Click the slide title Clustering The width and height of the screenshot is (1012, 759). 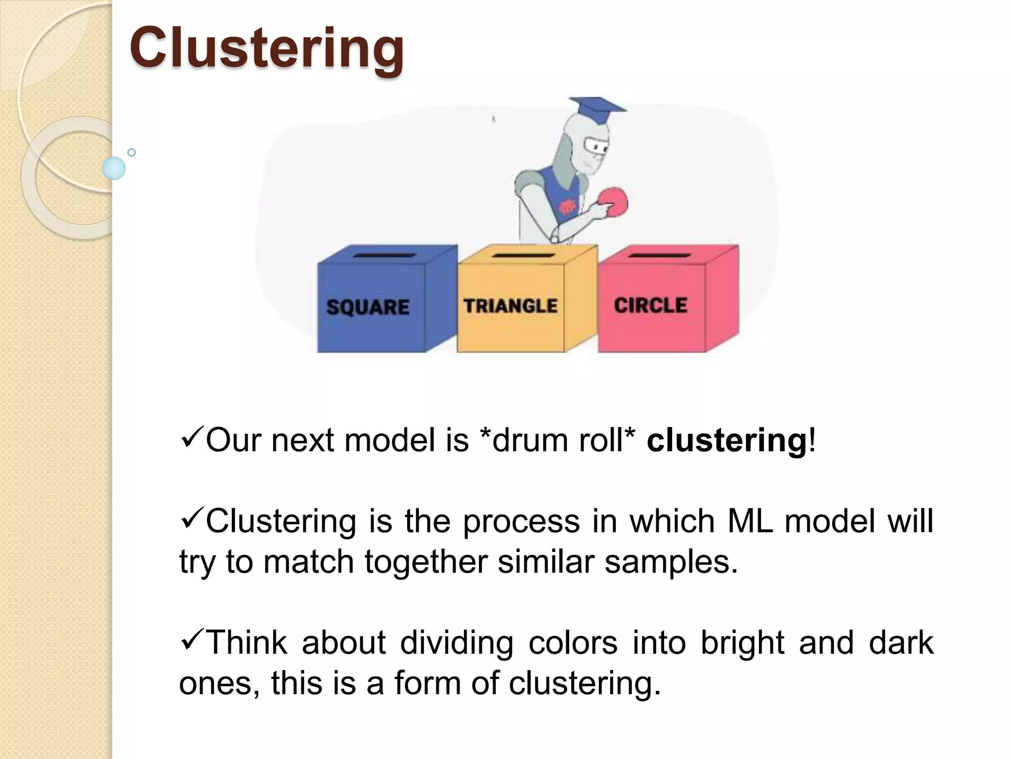(x=267, y=48)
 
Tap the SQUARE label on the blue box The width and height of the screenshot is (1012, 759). (x=368, y=307)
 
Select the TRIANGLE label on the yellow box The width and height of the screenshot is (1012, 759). (x=510, y=306)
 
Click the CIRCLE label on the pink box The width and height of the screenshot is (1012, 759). (x=650, y=305)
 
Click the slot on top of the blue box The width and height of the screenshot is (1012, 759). (x=384, y=255)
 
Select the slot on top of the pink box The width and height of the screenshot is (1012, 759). (x=660, y=255)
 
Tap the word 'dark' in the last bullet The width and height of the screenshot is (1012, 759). (x=900, y=642)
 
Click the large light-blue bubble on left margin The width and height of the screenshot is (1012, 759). (x=114, y=168)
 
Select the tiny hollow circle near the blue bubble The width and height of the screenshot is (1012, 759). (x=131, y=152)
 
